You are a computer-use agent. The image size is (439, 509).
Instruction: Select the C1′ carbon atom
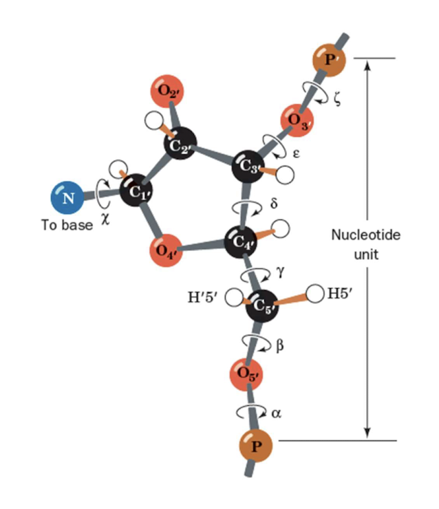coord(137,193)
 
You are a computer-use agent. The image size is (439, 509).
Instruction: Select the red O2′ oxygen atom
coord(167,90)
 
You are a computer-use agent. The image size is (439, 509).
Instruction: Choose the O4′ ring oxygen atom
coord(166,251)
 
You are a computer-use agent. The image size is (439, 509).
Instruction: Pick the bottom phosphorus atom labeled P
coord(256,447)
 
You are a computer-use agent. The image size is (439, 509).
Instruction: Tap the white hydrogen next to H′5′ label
coord(234,298)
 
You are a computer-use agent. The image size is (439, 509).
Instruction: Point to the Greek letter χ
coord(105,215)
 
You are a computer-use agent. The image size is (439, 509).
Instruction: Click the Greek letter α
coord(276,413)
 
